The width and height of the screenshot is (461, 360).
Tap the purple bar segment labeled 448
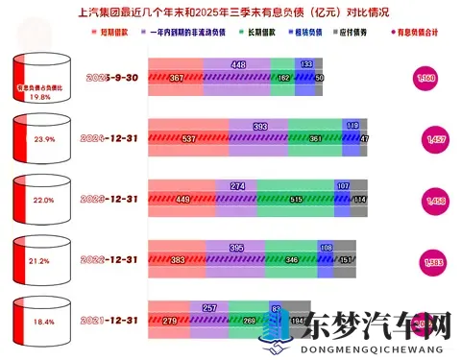tap(238, 65)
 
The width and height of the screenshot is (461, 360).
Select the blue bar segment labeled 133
tap(305, 65)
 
